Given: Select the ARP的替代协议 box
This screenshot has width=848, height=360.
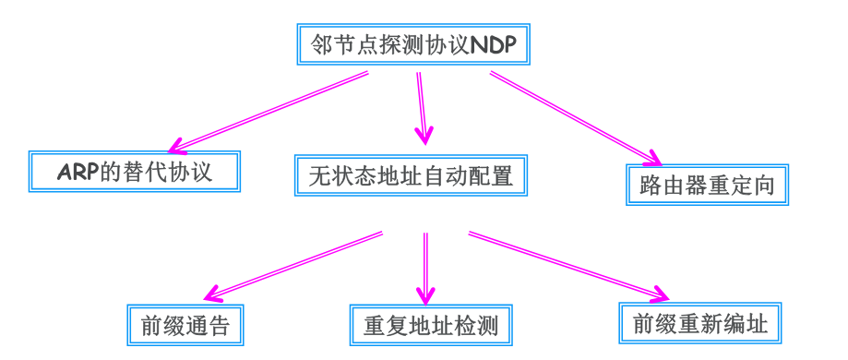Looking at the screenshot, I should click(x=135, y=172).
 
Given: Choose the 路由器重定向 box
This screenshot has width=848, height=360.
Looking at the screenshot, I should click(x=707, y=185).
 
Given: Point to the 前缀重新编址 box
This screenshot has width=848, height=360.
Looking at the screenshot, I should click(x=701, y=324).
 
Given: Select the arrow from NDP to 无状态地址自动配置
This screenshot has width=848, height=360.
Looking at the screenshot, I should click(x=422, y=106).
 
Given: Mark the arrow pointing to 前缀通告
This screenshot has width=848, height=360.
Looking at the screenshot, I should click(x=295, y=266).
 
